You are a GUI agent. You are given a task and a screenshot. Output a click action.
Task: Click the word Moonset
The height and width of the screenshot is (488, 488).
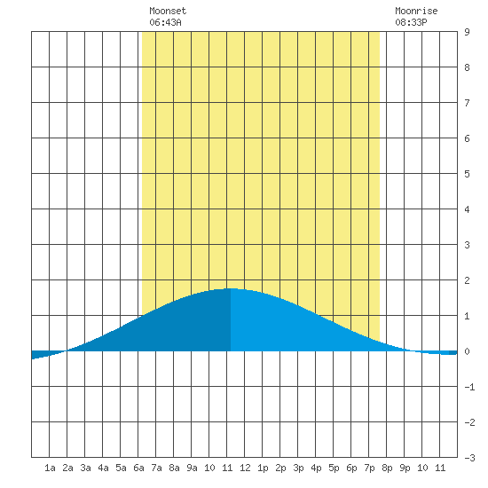point(168,11)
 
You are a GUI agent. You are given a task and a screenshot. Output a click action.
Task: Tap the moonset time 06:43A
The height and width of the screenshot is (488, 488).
point(165,22)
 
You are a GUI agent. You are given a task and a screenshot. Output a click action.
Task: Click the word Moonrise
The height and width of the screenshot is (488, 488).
point(416,11)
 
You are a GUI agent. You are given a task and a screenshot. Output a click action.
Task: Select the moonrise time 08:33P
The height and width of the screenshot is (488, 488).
point(411,22)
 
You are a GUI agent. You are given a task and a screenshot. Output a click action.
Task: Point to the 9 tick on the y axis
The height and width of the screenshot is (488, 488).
point(467,32)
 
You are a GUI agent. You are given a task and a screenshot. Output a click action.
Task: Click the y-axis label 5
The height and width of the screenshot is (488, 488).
point(467,174)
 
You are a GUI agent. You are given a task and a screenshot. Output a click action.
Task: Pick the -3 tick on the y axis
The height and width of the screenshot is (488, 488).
point(469,458)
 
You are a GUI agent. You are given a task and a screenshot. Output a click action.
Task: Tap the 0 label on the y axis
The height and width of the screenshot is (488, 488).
point(467,351)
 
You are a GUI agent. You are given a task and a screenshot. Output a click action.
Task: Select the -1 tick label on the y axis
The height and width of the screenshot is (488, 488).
point(469,387)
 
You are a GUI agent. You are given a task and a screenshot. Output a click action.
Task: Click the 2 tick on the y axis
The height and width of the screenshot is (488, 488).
point(467,280)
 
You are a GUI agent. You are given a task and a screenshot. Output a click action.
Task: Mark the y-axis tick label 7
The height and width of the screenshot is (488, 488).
point(467,103)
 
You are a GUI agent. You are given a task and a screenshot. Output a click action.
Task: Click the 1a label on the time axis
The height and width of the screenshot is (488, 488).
point(50,468)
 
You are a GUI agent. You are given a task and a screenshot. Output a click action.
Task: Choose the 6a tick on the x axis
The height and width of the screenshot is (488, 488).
point(138,468)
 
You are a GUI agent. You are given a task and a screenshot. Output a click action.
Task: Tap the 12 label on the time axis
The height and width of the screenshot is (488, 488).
point(245,468)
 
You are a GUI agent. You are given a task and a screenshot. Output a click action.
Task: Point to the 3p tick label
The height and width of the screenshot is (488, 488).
point(298,468)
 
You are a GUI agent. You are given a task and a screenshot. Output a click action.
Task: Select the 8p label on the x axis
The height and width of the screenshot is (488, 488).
point(387,468)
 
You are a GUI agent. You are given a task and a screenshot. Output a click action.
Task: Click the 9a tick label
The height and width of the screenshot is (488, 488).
point(192,468)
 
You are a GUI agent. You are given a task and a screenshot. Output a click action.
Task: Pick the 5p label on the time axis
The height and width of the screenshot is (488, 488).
point(334,468)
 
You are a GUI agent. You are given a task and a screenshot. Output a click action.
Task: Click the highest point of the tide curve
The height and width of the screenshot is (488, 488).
point(231,288)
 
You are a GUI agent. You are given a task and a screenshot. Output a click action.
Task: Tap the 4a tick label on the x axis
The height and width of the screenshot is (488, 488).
point(103,468)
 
